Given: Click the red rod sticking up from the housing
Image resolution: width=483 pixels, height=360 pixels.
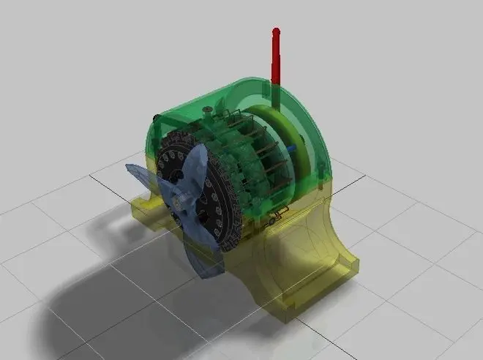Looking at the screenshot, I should pyautogui.click(x=276, y=59).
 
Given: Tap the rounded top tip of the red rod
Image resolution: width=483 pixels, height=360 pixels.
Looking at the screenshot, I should pyautogui.click(x=276, y=31).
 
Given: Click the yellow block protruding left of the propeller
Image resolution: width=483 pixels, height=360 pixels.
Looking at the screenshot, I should pyautogui.click(x=143, y=212).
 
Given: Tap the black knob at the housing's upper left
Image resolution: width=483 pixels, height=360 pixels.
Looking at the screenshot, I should pyautogui.click(x=155, y=117).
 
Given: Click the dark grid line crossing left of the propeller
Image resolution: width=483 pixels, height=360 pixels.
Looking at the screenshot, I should pyautogui.click(x=110, y=179).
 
